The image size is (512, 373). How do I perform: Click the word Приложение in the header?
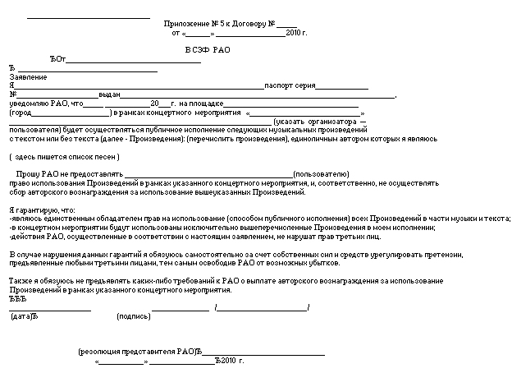click(185, 25)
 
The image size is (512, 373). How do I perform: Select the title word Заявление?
click(28, 77)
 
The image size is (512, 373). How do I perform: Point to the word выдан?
click(110, 95)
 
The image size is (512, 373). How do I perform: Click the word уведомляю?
click(29, 104)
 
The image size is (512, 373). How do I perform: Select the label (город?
click(21, 113)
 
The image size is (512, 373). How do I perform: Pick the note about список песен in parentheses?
click(65, 156)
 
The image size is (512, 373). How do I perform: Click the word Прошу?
click(28, 175)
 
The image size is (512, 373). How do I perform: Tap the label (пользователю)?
click(322, 175)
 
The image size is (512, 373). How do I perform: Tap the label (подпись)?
click(133, 316)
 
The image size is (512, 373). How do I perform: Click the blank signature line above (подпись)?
click(180, 309)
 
